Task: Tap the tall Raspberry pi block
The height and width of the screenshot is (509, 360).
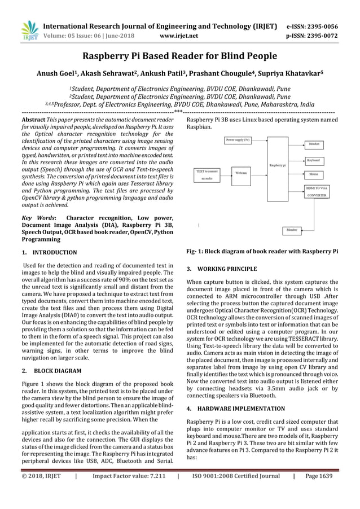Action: (277, 165)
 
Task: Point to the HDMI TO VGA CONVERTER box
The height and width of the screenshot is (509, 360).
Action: (316, 191)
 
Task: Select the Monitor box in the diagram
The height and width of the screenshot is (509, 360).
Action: (292, 230)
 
